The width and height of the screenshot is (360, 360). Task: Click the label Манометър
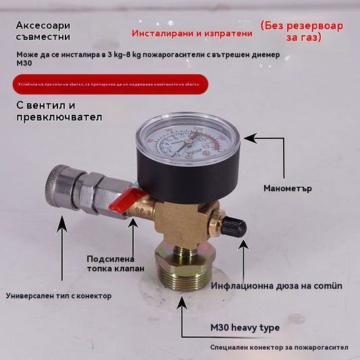288,188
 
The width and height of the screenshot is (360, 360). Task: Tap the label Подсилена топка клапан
115,263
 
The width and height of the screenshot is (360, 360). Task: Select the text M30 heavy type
245,328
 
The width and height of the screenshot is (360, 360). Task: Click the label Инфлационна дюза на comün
276,286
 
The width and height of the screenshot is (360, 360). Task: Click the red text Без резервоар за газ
301,31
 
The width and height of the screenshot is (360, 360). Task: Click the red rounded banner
107,84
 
